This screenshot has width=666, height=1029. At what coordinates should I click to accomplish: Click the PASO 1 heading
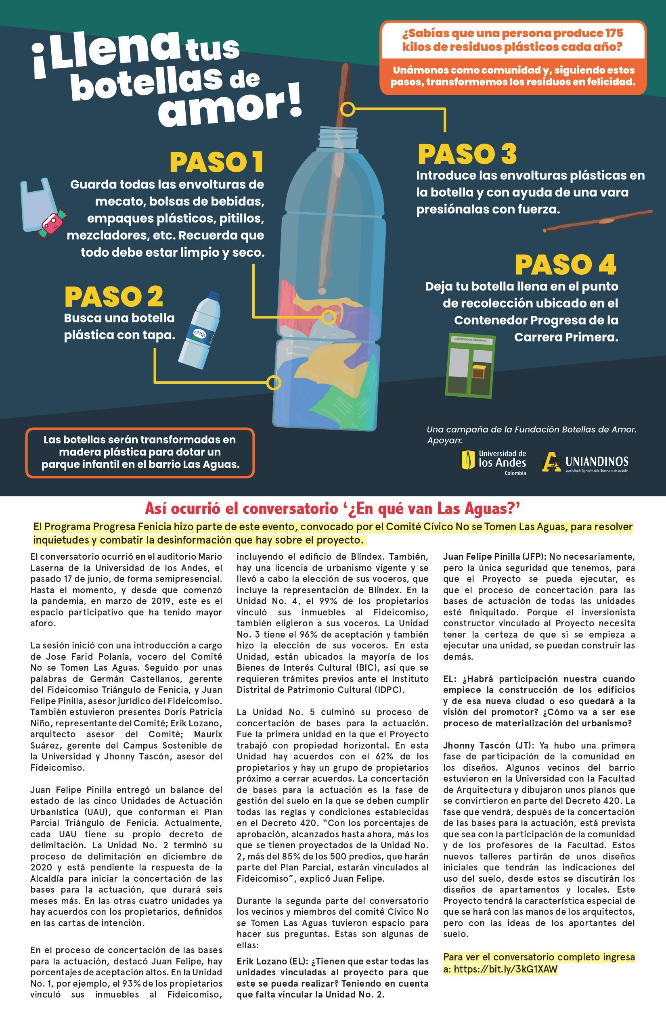point(216,162)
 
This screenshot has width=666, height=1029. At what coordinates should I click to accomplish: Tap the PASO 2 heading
point(114,297)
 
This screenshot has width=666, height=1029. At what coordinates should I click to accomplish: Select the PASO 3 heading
point(467,154)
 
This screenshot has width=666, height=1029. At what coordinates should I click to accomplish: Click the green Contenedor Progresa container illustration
point(470,364)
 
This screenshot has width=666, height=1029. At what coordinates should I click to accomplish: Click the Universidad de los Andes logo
point(494,462)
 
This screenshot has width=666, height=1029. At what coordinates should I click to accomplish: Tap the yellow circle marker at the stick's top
point(347,109)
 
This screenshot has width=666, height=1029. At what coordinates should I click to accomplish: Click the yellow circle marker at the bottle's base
point(273,383)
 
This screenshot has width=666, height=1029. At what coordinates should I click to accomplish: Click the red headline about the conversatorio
point(332,508)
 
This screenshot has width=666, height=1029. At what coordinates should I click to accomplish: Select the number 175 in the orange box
point(614,33)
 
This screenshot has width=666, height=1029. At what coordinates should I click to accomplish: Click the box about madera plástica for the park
point(140,452)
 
